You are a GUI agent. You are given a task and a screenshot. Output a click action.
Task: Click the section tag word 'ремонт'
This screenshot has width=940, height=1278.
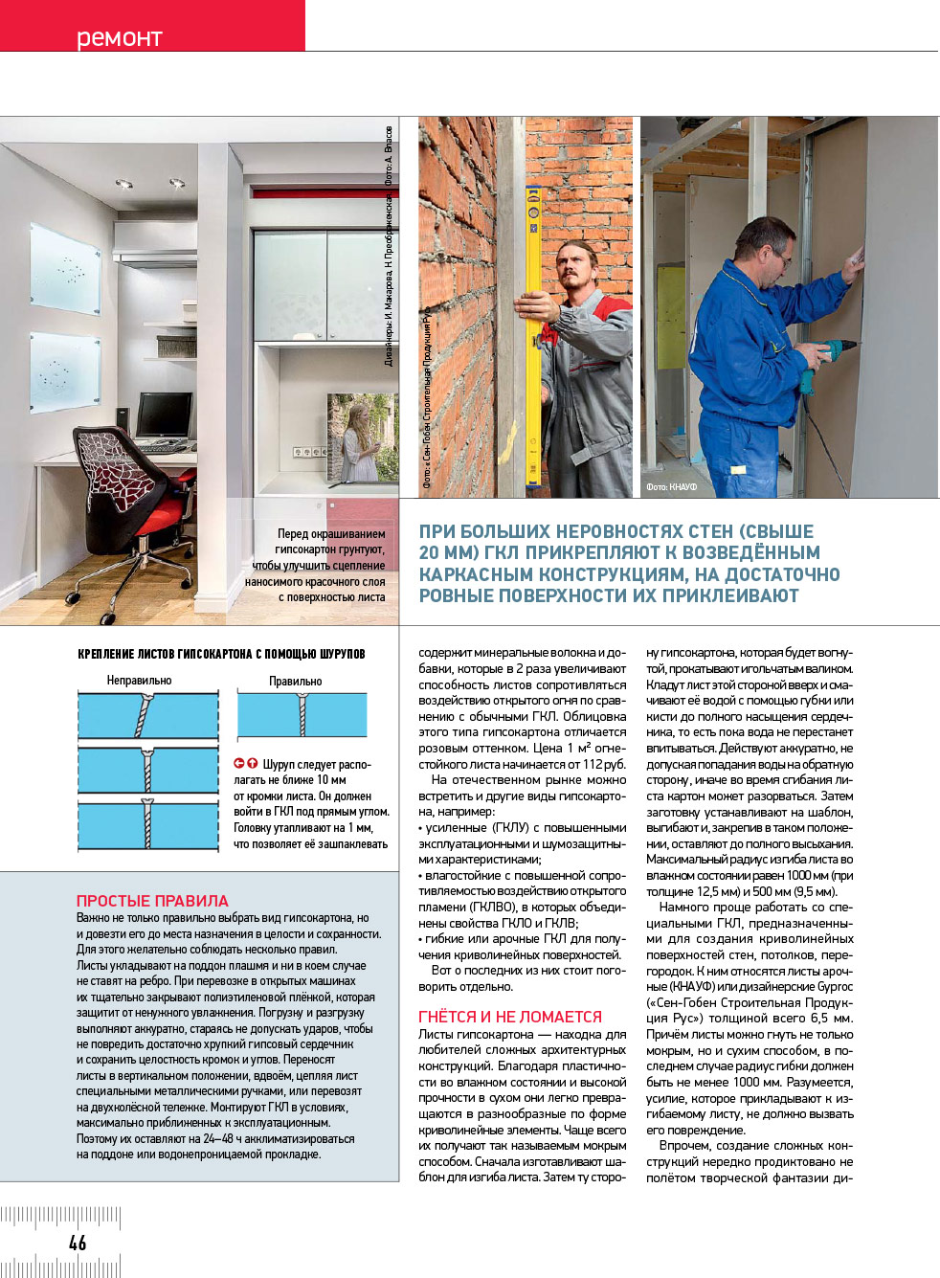(120, 37)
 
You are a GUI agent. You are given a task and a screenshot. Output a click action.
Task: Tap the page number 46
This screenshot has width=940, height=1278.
(78, 1243)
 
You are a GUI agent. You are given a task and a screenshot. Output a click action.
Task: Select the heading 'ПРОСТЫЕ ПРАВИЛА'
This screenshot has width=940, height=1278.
(152, 901)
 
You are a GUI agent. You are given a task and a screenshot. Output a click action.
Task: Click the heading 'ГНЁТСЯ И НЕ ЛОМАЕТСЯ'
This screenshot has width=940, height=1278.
(510, 1017)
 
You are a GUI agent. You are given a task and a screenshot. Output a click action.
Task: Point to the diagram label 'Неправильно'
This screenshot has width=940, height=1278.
(139, 681)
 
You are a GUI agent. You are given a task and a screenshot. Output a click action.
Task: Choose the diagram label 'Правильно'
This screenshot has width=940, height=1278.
(295, 682)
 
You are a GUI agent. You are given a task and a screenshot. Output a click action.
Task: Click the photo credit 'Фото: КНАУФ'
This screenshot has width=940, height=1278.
(671, 487)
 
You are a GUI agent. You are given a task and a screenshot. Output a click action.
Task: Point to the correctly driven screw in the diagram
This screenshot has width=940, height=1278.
(302, 714)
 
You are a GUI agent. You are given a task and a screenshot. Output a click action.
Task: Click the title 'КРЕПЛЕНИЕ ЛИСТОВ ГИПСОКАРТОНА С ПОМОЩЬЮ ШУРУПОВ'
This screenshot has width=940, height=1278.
(221, 654)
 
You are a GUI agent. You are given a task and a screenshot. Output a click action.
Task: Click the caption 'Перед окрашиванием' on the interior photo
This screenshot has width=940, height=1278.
(331, 533)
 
